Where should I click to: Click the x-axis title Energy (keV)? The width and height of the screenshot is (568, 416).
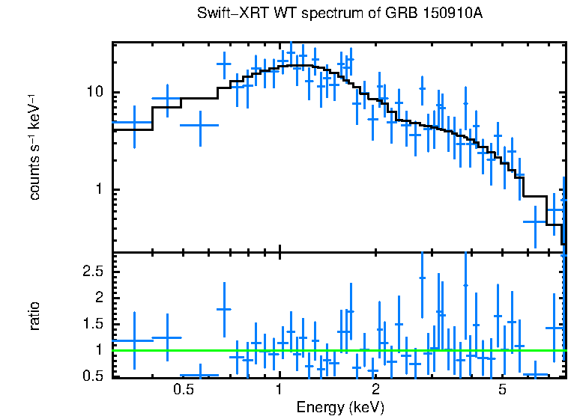click(340, 407)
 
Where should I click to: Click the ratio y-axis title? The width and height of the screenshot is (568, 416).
click(34, 315)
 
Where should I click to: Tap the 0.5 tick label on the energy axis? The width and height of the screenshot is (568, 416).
click(184, 389)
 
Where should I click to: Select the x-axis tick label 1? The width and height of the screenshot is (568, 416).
click(279, 389)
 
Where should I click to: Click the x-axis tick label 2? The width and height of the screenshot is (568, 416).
click(375, 389)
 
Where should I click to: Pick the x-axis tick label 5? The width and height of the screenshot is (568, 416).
click(502, 389)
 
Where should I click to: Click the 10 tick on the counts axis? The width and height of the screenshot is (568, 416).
click(95, 93)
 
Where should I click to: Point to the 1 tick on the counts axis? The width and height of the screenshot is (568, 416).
click(100, 189)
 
